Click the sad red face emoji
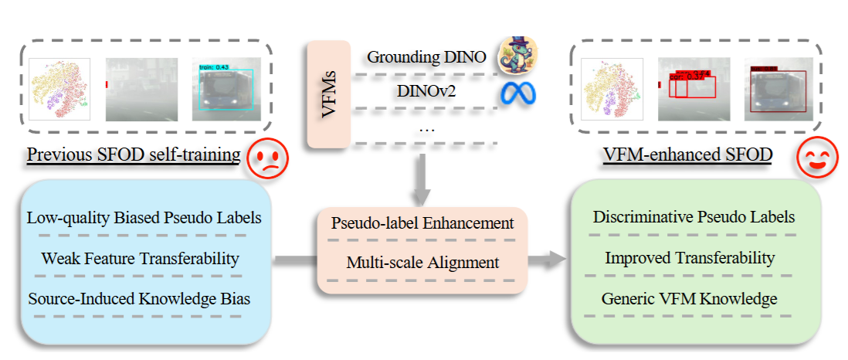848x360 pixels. click(x=267, y=159)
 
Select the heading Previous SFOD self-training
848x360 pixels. click(x=134, y=155)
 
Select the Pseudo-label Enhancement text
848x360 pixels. click(x=422, y=223)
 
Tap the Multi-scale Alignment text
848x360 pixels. click(x=422, y=263)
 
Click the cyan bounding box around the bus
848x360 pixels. click(x=227, y=91)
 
